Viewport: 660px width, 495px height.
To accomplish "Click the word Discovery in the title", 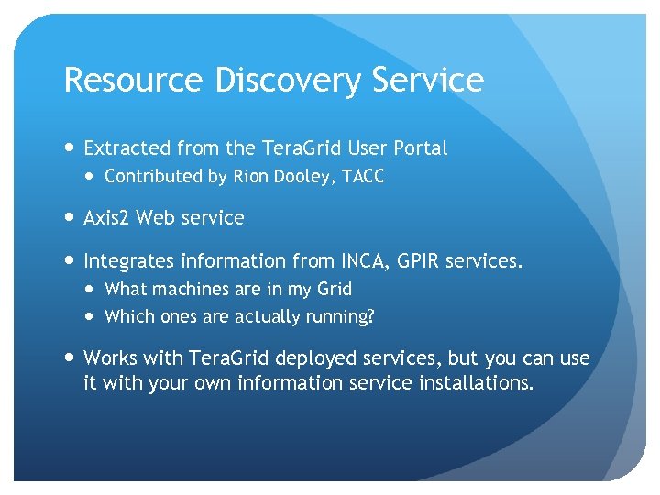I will click(x=289, y=82).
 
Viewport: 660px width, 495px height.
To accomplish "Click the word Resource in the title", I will click(x=134, y=81).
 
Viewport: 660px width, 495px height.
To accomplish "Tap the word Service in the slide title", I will click(x=428, y=81).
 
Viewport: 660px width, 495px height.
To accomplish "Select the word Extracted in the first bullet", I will click(x=126, y=148).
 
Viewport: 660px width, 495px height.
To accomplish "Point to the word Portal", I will click(x=420, y=148).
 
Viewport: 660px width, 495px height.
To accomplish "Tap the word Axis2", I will click(x=106, y=218).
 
